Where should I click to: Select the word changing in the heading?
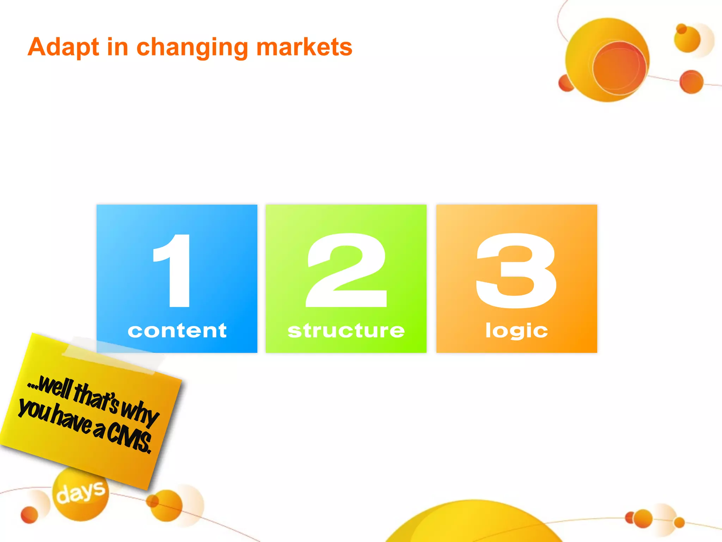[192, 48]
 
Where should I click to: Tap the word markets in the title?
[304, 47]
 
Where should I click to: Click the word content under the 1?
[177, 331]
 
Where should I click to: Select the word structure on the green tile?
[346, 331]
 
